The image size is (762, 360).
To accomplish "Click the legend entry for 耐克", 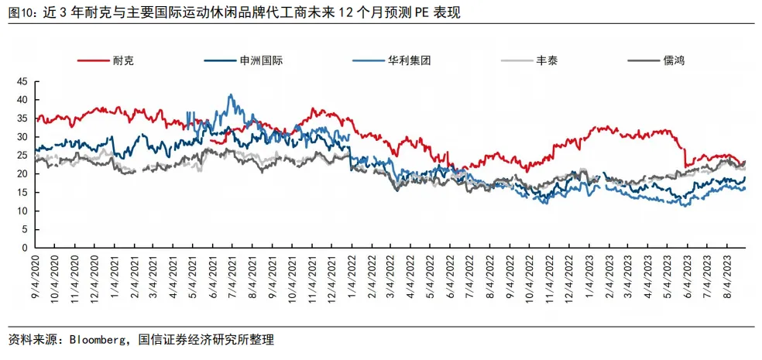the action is click(x=106, y=60).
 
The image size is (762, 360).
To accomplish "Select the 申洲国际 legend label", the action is click(x=243, y=60).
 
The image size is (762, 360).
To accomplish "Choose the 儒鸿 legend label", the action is click(x=656, y=60).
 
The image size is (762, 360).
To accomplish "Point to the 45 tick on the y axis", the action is click(x=22, y=81).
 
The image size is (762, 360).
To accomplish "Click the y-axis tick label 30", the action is click(x=22, y=137).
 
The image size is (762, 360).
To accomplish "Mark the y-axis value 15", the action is click(x=22, y=193).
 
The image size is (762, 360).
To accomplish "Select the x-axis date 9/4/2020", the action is click(x=36, y=275).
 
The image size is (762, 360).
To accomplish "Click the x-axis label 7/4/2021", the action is click(x=233, y=275).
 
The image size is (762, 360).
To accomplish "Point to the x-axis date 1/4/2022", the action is click(x=352, y=275).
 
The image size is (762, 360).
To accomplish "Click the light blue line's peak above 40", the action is click(x=231, y=94).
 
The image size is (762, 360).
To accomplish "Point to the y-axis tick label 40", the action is click(x=22, y=100).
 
